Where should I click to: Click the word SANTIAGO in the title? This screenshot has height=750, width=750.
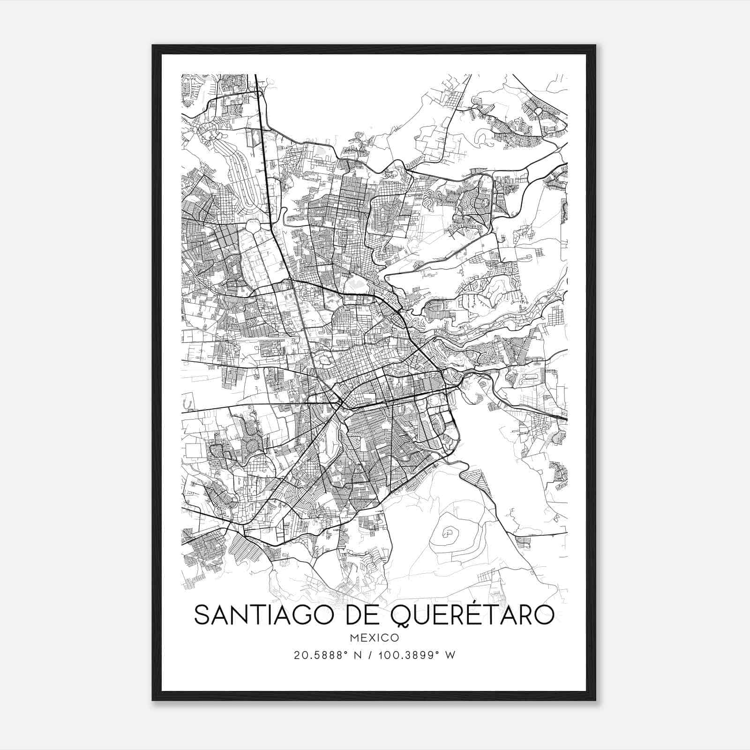(261, 615)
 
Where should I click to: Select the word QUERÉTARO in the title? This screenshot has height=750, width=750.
(472, 615)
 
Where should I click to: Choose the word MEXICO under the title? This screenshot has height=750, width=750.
(374, 637)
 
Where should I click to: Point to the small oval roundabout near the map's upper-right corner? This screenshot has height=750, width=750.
(538, 111)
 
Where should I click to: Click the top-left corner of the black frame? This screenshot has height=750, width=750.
(153, 45)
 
